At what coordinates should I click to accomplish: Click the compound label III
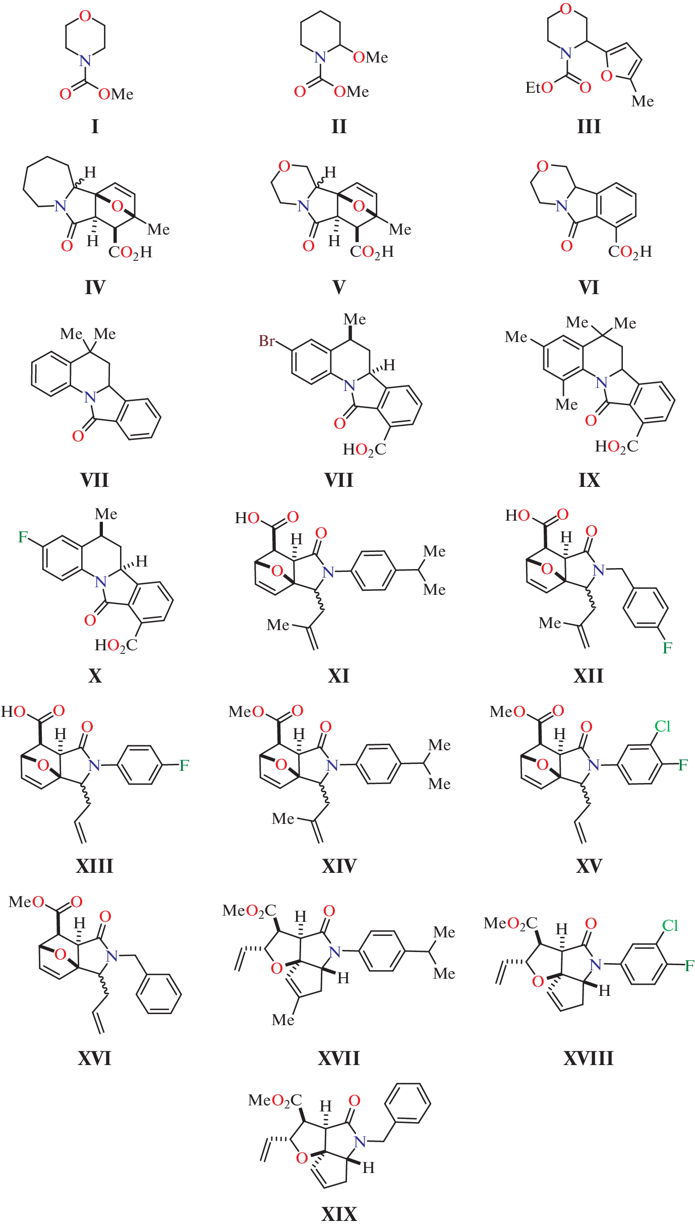(x=589, y=126)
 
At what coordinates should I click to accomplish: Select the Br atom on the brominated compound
(x=267, y=341)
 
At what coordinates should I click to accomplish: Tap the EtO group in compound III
(x=539, y=88)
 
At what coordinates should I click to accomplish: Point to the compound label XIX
(x=339, y=1213)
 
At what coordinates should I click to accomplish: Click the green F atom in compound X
(x=23, y=537)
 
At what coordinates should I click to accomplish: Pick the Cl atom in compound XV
(x=662, y=726)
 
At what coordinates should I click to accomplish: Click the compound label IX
(x=589, y=480)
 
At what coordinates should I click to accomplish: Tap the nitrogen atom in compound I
(x=85, y=61)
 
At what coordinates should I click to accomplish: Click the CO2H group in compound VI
(x=630, y=252)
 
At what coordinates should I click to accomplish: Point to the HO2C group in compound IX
(x=616, y=447)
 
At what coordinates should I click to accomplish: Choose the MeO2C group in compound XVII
(x=249, y=911)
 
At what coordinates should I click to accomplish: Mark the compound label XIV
(x=339, y=866)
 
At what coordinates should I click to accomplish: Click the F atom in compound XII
(x=667, y=648)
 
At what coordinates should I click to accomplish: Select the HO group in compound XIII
(x=14, y=712)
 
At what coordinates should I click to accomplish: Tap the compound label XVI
(x=94, y=1058)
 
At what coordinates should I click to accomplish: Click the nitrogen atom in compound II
(x=320, y=58)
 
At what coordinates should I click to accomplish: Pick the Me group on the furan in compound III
(x=643, y=101)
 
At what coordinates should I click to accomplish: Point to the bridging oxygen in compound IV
(x=117, y=206)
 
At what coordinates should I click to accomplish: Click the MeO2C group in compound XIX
(x=275, y=1100)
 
